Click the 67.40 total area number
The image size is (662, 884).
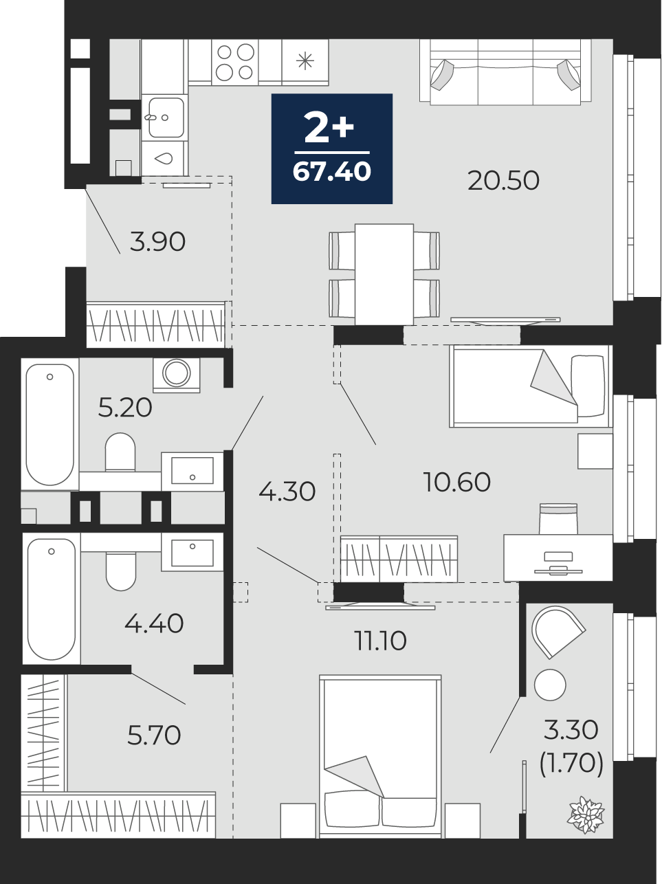[x=331, y=172]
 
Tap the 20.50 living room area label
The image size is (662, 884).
[x=503, y=180]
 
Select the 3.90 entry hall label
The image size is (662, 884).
[x=157, y=242]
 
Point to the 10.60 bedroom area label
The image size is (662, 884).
[x=457, y=482]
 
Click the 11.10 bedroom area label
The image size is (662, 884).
[x=380, y=641]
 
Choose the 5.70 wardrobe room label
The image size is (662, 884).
[x=154, y=735]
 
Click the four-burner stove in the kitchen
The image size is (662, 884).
[x=235, y=63]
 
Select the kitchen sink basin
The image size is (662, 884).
[x=166, y=117]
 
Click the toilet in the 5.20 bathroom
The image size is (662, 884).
[x=120, y=452]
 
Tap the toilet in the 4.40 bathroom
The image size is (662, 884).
[x=121, y=572]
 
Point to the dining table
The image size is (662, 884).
[x=384, y=274]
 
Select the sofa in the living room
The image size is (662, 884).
[x=505, y=71]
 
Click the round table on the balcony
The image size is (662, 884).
[x=550, y=685]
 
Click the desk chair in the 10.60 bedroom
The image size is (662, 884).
[x=558, y=519]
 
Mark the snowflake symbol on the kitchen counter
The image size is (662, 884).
[x=305, y=61]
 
